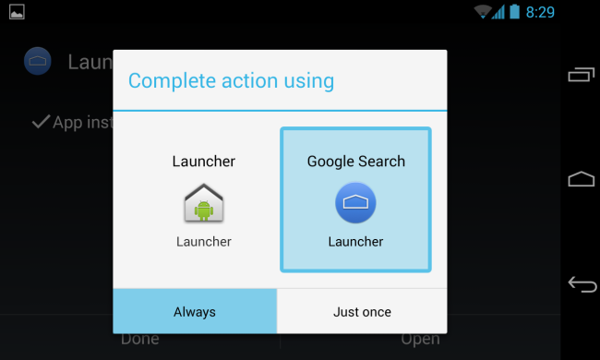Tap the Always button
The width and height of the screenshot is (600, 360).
(x=194, y=312)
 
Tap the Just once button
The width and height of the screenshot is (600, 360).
(x=362, y=312)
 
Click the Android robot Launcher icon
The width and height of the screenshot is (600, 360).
(x=203, y=203)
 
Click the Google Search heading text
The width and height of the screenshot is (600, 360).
(x=355, y=162)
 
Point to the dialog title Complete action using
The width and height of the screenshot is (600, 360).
(x=231, y=80)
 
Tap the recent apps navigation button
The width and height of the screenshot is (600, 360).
(x=582, y=74)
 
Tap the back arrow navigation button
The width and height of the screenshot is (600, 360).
(x=582, y=284)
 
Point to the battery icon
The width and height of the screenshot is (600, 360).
(x=514, y=12)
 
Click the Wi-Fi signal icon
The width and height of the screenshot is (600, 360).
(x=482, y=12)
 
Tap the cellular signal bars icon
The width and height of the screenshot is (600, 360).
(x=498, y=12)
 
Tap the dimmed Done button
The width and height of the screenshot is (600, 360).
(x=140, y=339)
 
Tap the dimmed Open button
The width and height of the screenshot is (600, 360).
(x=420, y=339)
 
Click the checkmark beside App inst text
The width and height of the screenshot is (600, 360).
(x=40, y=122)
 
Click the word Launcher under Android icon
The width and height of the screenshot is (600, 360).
(x=203, y=242)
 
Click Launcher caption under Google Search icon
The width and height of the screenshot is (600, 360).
(x=355, y=242)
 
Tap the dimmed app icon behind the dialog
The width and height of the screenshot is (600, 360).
(x=37, y=61)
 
